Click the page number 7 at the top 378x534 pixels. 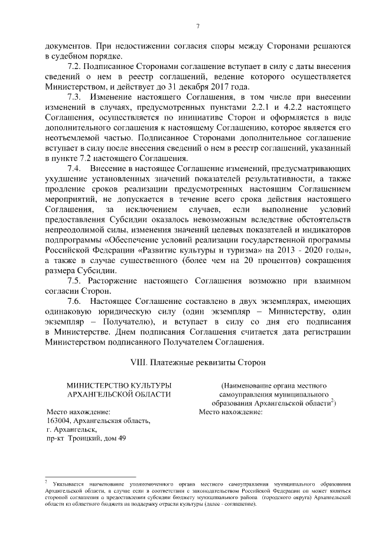point(198,25)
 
